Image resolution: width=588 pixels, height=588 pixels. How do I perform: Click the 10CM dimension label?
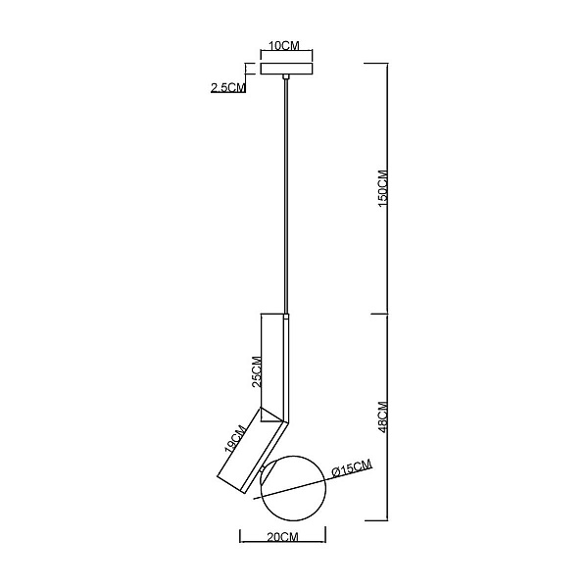tap(284, 46)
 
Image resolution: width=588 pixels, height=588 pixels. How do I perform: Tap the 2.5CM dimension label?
tap(228, 87)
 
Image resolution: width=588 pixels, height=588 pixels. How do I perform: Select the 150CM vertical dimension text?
tap(383, 189)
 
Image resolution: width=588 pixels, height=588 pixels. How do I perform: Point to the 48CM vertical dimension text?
tap(383, 417)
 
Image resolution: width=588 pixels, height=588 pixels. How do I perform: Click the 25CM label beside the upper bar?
tap(257, 371)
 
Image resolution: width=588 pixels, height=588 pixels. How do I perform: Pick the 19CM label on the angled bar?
tap(235, 439)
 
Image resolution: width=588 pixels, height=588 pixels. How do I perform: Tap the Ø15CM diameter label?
tap(352, 468)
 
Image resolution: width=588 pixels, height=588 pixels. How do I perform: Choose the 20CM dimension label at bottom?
tap(283, 537)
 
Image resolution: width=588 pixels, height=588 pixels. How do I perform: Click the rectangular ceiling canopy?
tap(287, 69)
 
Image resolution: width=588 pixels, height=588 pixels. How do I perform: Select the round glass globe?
tap(294, 488)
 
